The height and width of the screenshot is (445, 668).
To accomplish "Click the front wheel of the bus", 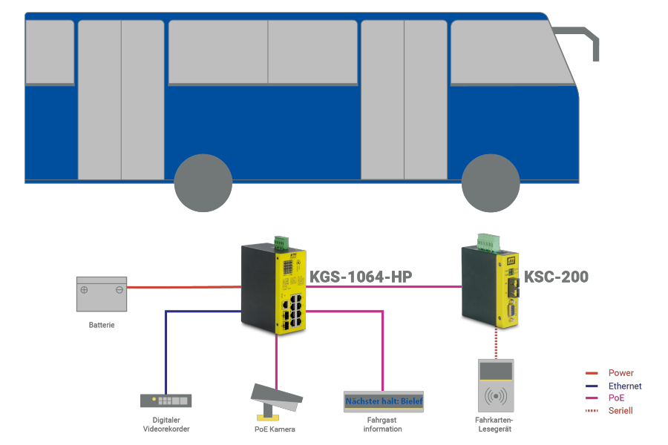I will tap(490, 183).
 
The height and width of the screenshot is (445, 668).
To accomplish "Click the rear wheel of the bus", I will tap(203, 183).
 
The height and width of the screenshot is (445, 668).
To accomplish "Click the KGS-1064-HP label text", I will tap(361, 277).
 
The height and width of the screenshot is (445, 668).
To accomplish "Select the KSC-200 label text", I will tap(557, 277).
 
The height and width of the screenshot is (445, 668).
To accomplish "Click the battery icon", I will tap(102, 294).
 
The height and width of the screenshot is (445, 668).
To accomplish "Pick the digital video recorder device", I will tap(166, 400).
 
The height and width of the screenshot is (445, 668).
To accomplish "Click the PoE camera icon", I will tap(276, 399).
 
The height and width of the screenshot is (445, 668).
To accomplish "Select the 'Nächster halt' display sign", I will tap(384, 401).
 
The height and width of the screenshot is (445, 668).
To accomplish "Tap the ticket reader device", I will tap(495, 386).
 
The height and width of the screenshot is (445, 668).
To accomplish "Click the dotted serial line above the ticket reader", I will tap(495, 343).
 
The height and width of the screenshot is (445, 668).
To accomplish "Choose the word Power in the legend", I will tap(620, 373).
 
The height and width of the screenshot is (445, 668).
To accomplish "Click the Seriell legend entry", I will tap(620, 410).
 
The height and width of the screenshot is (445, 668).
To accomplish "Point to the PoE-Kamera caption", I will tap(275, 429).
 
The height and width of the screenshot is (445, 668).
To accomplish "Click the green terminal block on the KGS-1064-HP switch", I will tap(281, 242).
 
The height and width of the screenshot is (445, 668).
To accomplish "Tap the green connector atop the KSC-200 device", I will tap(488, 241).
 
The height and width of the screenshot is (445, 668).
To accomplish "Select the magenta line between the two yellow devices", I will tap(382, 286).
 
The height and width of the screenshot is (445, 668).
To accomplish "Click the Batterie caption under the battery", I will tap(102, 325).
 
